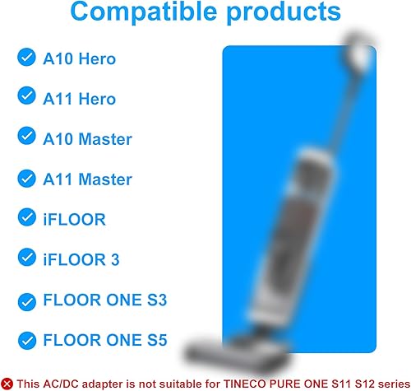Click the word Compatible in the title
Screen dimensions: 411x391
click(144, 12)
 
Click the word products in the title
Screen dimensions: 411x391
click(284, 12)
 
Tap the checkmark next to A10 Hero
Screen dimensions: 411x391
click(26, 58)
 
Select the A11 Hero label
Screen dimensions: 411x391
click(80, 99)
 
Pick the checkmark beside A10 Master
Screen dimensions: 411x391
click(26, 136)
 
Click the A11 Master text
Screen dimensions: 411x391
click(88, 179)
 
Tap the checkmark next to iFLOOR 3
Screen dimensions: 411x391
click(26, 258)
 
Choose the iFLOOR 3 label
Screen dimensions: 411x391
click(81, 259)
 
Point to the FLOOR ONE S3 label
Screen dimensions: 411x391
click(105, 300)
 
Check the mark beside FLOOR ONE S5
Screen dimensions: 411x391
click(26, 341)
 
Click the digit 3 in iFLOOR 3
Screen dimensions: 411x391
click(115, 259)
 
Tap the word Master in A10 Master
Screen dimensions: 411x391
click(105, 139)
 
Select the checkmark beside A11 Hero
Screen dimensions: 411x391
click(26, 95)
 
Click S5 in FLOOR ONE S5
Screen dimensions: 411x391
click(157, 340)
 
